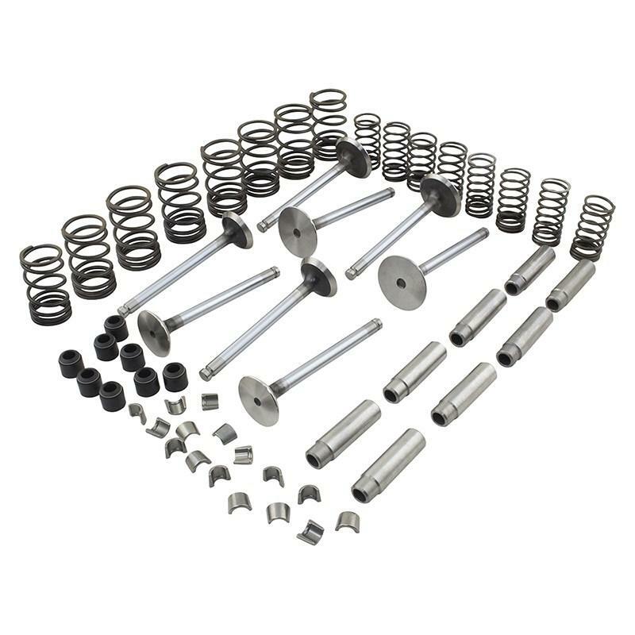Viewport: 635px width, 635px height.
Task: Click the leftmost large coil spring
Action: [45, 284]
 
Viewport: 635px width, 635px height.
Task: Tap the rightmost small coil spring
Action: [592, 227]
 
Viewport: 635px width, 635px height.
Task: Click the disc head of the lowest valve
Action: [259, 400]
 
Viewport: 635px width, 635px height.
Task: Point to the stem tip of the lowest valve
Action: [376, 323]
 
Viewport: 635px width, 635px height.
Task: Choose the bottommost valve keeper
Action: [310, 532]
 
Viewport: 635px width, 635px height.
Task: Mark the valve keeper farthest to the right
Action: [347, 521]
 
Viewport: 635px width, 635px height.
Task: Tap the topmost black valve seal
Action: [116, 326]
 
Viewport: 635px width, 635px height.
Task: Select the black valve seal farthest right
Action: [175, 376]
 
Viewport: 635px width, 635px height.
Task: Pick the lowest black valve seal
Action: [112, 395]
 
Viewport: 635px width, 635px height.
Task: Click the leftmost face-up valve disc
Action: [154, 332]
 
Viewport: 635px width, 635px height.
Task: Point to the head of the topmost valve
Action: [353, 157]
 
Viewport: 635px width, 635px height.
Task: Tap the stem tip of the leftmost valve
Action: [122, 310]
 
